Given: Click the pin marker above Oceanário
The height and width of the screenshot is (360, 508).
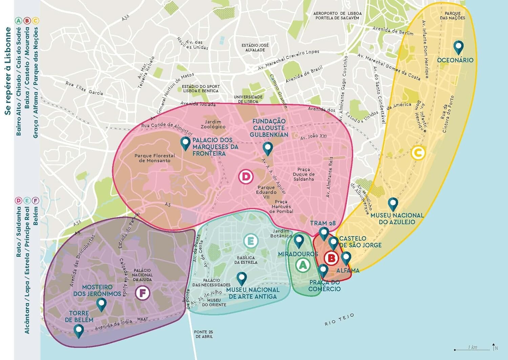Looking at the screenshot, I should tap(458, 47).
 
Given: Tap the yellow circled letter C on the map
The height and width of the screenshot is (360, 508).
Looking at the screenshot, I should tap(418, 153).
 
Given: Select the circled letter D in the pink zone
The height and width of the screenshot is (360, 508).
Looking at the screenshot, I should tap(246, 177).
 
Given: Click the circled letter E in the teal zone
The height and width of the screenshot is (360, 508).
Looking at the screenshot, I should tap(251, 241).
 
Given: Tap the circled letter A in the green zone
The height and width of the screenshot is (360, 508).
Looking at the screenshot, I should tap(303, 265).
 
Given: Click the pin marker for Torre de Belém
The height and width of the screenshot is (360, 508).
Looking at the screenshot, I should tap(79, 331).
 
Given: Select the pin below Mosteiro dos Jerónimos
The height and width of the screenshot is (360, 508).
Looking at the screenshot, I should tap(101, 304).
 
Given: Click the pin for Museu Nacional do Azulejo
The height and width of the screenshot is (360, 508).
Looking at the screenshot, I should tap(393, 204).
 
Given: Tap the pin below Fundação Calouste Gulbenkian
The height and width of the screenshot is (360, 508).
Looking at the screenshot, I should tap(268, 148).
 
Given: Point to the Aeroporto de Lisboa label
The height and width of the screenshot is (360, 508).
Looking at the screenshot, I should tap(337, 16).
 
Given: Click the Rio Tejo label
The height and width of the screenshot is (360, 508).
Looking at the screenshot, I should tap(339, 320).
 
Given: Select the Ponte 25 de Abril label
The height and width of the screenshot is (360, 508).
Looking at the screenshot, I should tap(203, 334).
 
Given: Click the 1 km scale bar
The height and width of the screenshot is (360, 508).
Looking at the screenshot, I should tap(472, 348).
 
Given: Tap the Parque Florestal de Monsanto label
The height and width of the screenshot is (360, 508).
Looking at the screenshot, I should tap(154, 158).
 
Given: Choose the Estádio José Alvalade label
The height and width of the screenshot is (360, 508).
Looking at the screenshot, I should tap(255, 47).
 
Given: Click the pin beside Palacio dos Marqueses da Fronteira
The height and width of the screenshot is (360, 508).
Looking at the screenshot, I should tap(185, 143).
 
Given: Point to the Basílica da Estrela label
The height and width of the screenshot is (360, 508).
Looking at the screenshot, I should tap(246, 260).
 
